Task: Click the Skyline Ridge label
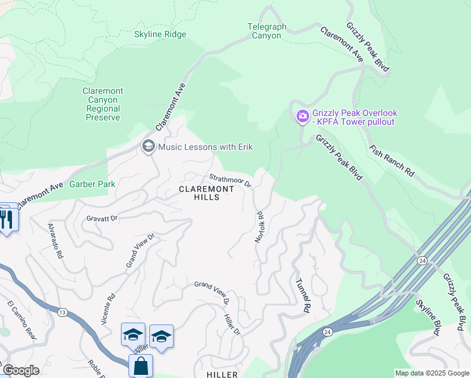coord(160,35)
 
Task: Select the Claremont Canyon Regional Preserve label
coord(103,104)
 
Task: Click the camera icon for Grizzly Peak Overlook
coord(302,115)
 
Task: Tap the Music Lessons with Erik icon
coord(149,147)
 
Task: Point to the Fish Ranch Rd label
coord(392,161)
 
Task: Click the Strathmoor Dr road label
coord(230,181)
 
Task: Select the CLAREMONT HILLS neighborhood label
coord(199,193)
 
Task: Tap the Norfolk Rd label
coord(259,227)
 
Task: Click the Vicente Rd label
coord(107,309)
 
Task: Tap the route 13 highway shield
coord(62,311)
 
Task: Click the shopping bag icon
coord(140,365)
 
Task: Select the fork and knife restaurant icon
coord(7,219)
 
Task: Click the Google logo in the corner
coord(20,370)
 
